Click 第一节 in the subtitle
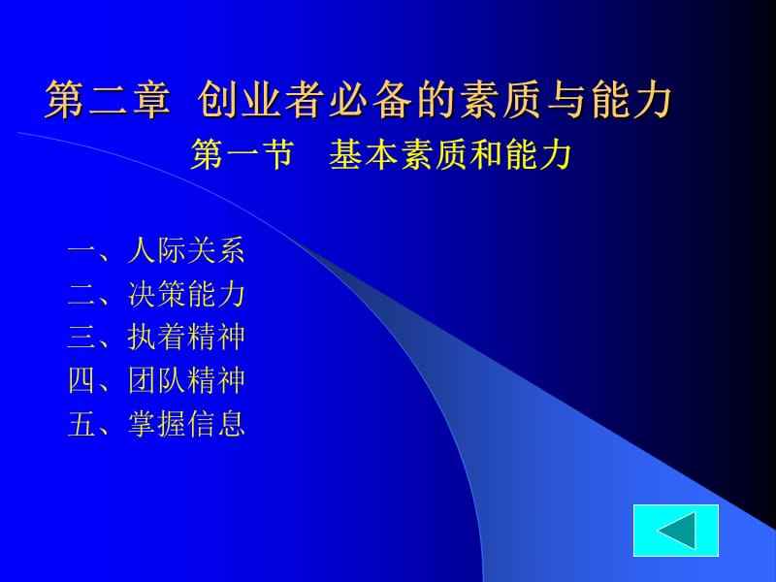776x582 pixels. pyautogui.click(x=242, y=155)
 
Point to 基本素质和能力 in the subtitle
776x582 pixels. pyautogui.click(x=448, y=155)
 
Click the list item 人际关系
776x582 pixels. pyautogui.click(x=186, y=252)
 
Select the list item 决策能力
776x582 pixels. pyautogui.click(x=186, y=295)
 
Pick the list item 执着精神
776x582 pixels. pyautogui.click(x=186, y=338)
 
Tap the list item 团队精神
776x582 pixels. pyautogui.click(x=186, y=380)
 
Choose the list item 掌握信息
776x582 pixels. pyautogui.click(x=186, y=423)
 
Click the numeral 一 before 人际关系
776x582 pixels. pyautogui.click(x=81, y=252)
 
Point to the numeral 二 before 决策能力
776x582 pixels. pyautogui.click(x=81, y=295)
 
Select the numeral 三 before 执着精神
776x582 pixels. pyautogui.click(x=81, y=338)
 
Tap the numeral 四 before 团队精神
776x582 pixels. pyautogui.click(x=81, y=380)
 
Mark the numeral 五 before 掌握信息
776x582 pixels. pyautogui.click(x=81, y=423)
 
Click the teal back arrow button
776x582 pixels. pyautogui.click(x=675, y=530)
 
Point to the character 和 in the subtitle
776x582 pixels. pyautogui.click(x=483, y=155)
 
